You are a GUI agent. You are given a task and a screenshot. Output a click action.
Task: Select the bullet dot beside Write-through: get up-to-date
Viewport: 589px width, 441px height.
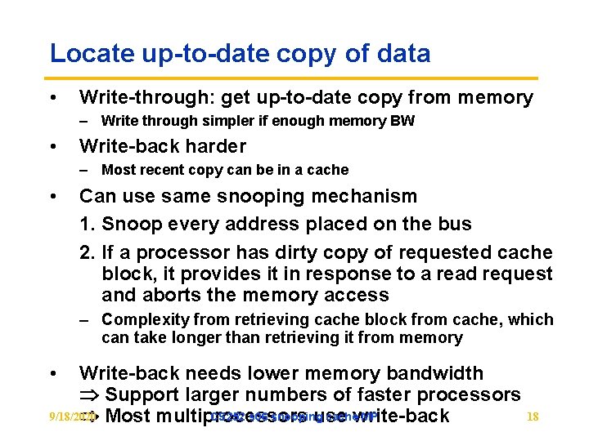click(53, 98)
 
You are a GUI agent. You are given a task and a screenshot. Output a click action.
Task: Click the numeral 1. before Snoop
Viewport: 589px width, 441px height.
click(87, 225)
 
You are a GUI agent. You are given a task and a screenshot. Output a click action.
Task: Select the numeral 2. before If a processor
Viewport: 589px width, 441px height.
click(87, 253)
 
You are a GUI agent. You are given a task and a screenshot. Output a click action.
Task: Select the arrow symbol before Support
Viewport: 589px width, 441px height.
click(88, 395)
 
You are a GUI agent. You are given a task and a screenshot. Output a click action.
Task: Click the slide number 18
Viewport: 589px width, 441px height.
click(533, 416)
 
